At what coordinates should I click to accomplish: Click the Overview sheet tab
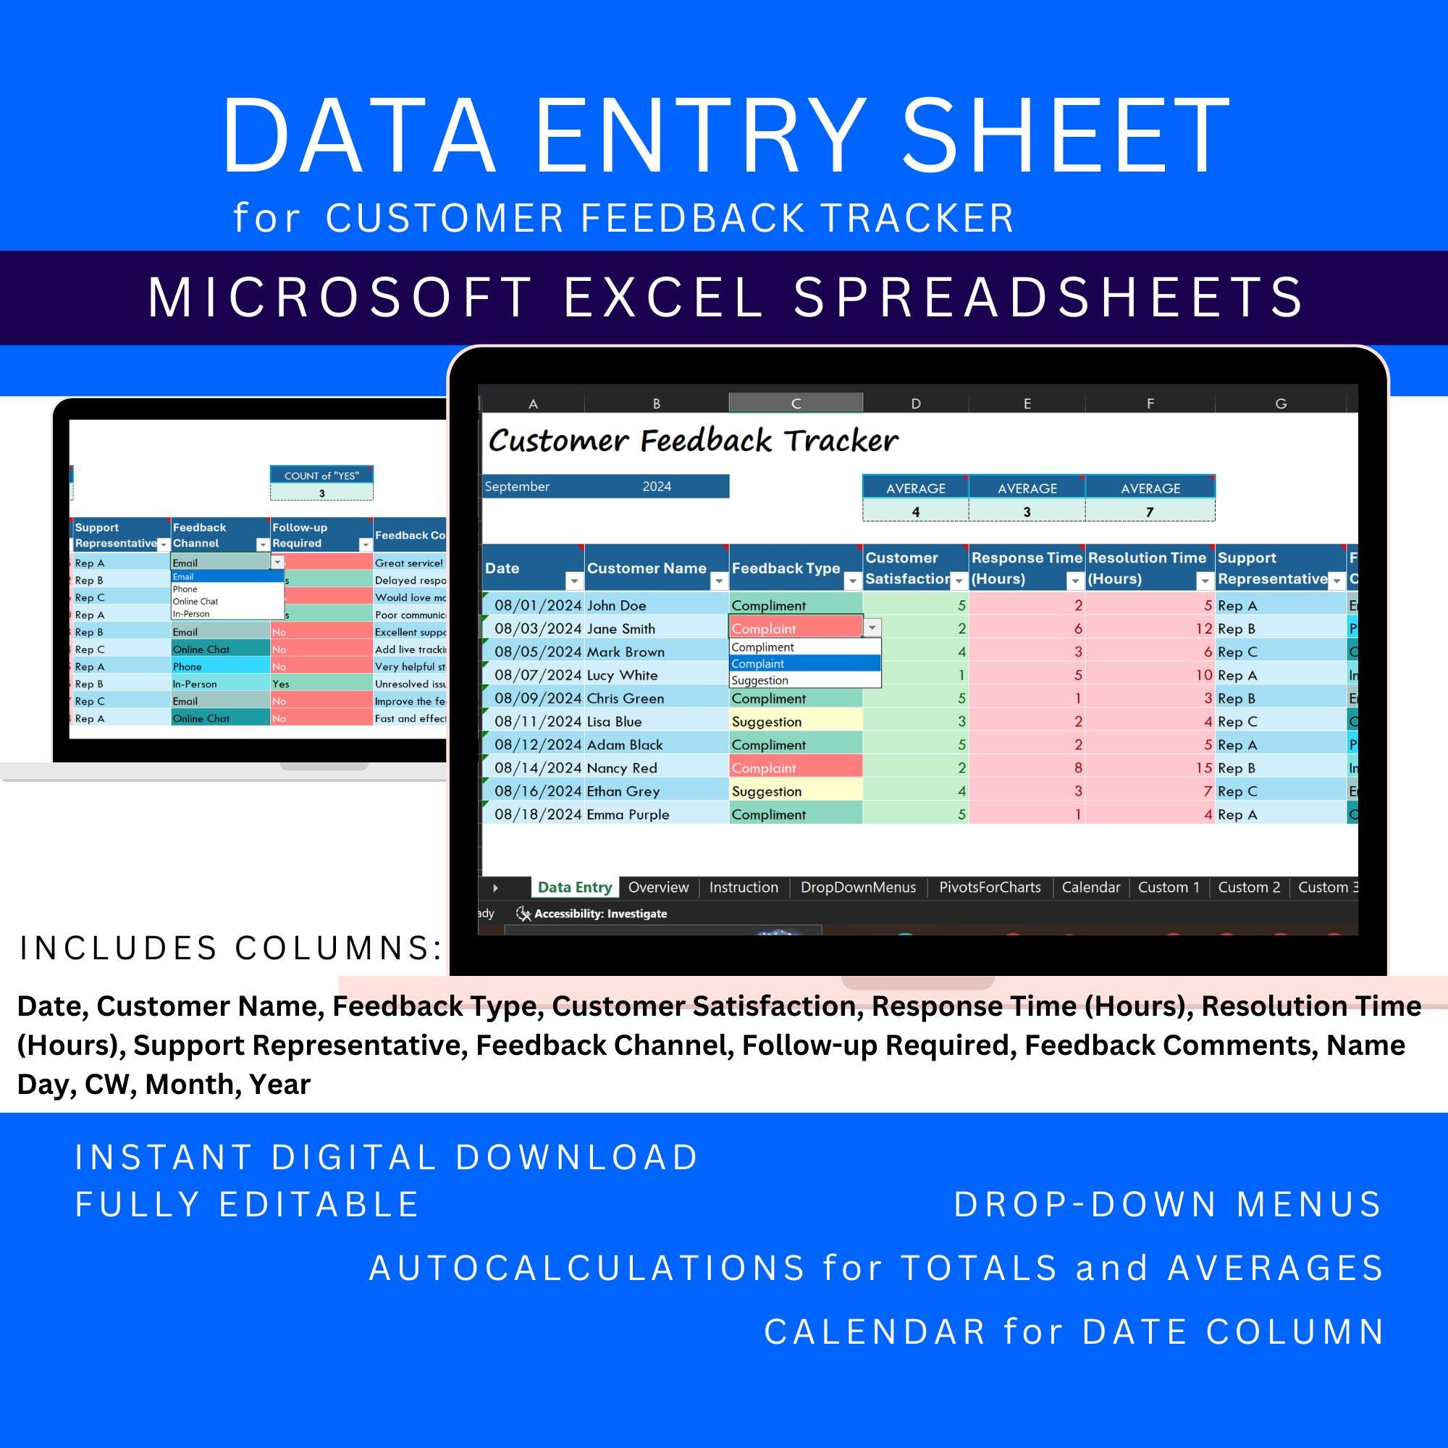(x=658, y=888)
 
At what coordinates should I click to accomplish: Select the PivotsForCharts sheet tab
(x=989, y=888)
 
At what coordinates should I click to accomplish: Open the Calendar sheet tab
(x=1090, y=888)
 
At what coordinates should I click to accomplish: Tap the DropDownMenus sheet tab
(x=858, y=888)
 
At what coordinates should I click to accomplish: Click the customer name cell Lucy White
(x=622, y=675)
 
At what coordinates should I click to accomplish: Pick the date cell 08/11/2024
(x=537, y=722)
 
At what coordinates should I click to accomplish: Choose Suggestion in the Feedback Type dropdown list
(x=760, y=681)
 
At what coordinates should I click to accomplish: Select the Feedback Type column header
(x=786, y=568)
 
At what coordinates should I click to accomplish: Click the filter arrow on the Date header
(x=573, y=581)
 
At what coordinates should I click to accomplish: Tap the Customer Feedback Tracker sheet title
(x=693, y=441)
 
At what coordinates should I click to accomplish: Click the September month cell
(x=517, y=487)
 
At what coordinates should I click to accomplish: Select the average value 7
(x=1150, y=512)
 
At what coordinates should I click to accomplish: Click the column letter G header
(x=1281, y=403)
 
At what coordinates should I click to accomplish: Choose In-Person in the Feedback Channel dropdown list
(x=191, y=614)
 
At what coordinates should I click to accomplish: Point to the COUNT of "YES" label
(x=321, y=476)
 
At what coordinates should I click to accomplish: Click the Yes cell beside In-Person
(x=281, y=684)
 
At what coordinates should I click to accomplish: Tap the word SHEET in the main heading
(x=1065, y=136)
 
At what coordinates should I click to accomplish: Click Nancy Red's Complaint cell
(x=764, y=768)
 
